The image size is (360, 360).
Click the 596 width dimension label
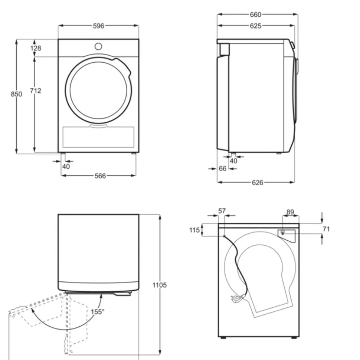(x=98, y=26)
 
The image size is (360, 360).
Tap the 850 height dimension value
(x=17, y=94)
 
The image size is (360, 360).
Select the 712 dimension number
(x=36, y=91)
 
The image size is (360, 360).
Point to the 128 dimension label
(x=36, y=48)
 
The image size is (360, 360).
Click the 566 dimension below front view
(x=100, y=176)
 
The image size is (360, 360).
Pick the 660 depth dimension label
(x=256, y=15)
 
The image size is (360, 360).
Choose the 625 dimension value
(x=256, y=26)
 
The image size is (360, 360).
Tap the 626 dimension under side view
(x=258, y=183)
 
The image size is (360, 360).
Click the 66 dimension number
(x=223, y=169)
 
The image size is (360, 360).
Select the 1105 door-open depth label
(x=160, y=285)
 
